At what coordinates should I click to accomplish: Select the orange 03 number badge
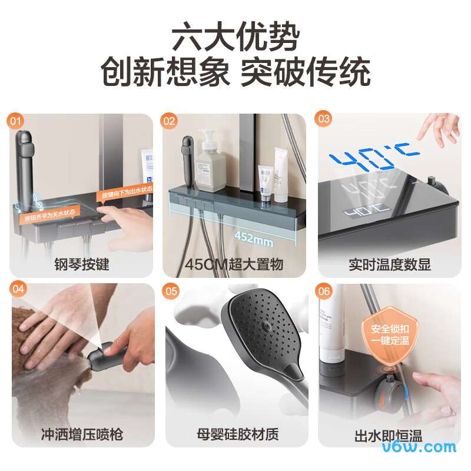324,120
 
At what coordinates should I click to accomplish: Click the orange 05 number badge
171,291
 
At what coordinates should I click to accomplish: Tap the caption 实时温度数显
389,264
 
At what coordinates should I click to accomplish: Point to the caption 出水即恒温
388,436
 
